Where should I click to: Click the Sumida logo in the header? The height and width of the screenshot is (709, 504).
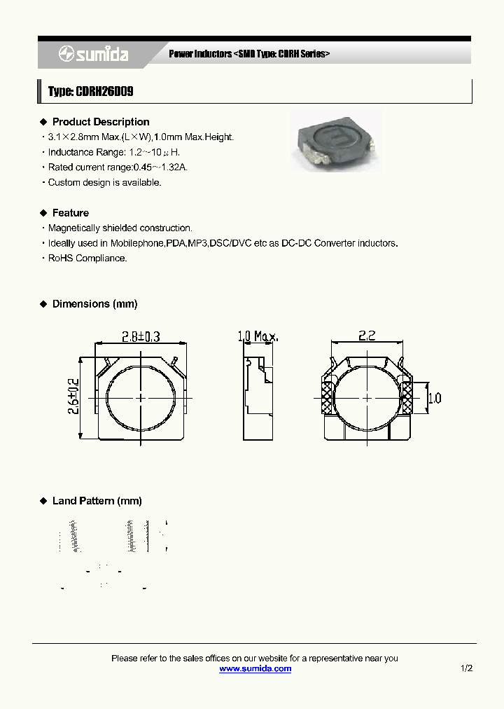click(92, 54)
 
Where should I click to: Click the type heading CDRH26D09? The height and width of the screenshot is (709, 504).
click(90, 92)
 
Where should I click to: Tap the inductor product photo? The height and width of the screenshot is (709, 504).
click(337, 140)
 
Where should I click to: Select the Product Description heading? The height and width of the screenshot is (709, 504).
click(101, 122)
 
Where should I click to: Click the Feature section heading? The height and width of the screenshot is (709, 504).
click(71, 213)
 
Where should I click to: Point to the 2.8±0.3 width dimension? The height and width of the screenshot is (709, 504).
click(141, 337)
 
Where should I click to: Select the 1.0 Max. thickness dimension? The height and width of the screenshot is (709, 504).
click(258, 337)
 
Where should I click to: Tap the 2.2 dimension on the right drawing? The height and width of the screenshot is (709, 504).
click(367, 336)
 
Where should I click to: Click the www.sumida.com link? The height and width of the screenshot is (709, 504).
click(255, 669)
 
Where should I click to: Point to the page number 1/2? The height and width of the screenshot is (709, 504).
click(467, 669)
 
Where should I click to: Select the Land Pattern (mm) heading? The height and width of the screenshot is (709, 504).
click(97, 501)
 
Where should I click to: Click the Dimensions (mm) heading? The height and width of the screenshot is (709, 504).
click(94, 304)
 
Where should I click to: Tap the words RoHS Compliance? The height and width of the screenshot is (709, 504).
click(87, 259)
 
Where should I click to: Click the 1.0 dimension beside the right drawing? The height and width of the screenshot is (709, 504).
click(434, 399)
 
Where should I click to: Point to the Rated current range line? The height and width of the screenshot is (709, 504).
click(118, 167)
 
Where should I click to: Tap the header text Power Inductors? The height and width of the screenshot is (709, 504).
click(199, 54)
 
